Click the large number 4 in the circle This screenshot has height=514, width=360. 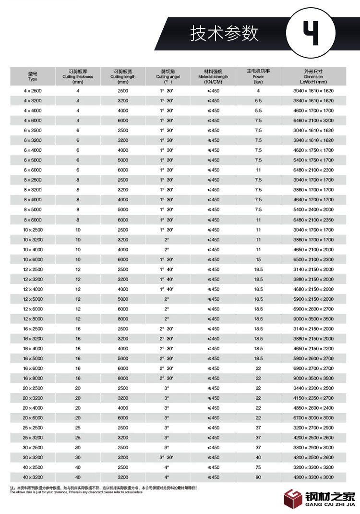pos(310,33)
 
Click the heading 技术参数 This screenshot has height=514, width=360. pos(224,33)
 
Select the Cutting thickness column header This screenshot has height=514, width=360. pos(77,76)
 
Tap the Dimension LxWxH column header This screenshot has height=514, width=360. pos(313,76)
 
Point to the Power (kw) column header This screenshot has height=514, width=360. pos(258,76)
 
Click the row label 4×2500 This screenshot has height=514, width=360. pos(33,91)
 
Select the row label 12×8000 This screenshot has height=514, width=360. pos(33,319)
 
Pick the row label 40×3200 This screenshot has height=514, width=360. pos(33,477)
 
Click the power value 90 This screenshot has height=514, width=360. pos(258,477)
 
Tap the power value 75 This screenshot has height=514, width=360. pos(258,467)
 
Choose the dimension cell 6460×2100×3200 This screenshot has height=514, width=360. pos(313,121)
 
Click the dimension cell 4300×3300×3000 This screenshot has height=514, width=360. pos(313,477)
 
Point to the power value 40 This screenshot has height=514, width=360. pos(258,457)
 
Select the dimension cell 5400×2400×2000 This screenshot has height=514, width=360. pos(313,210)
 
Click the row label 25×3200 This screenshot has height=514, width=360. pos(33,438)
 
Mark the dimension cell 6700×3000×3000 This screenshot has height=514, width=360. pos(313,418)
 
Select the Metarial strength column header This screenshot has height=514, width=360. pos(213,76)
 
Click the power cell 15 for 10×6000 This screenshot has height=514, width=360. pos(258,259)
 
